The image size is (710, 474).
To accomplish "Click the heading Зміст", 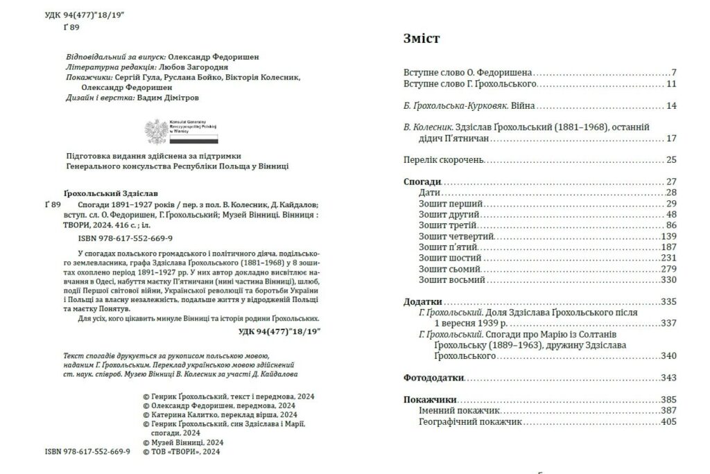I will pyautogui.click(x=422, y=39).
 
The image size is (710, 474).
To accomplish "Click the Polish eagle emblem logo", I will pyautogui.click(x=156, y=132).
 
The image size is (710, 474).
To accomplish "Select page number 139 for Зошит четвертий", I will pyautogui.click(x=668, y=236).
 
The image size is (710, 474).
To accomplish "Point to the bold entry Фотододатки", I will pyautogui.click(x=434, y=378).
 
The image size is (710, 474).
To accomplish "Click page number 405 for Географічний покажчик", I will pyautogui.click(x=668, y=421).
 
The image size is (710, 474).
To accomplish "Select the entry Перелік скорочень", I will pyautogui.click(x=443, y=160).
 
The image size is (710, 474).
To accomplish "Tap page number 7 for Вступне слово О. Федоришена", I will pyautogui.click(x=673, y=72).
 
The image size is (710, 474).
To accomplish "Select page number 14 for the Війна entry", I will pyautogui.click(x=670, y=106).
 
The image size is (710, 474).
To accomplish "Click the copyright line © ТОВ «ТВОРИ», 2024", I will pyautogui.click(x=180, y=451).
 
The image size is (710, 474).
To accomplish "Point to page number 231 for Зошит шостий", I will pyautogui.click(x=668, y=258).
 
